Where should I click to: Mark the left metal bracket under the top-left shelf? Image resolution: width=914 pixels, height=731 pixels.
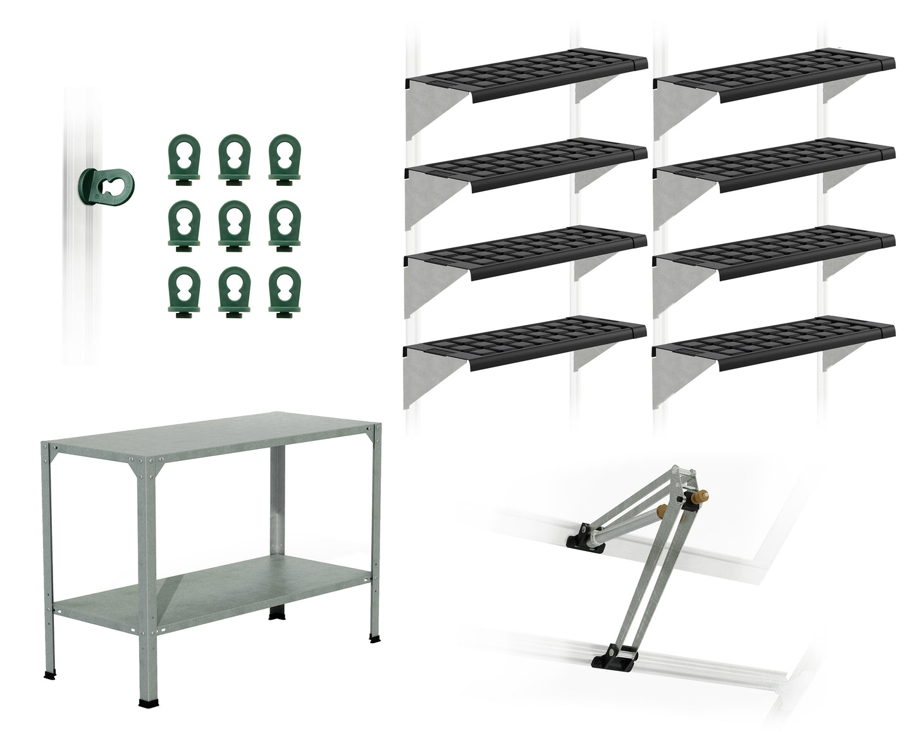click(x=430, y=111)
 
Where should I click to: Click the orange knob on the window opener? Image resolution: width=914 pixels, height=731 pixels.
click(x=700, y=497)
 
